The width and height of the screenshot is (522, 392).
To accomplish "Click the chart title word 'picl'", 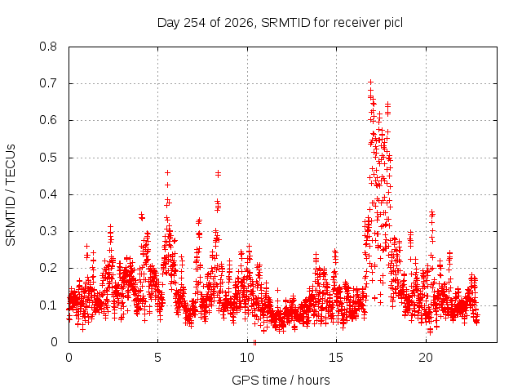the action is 393,23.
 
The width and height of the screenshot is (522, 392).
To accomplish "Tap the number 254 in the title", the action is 194,23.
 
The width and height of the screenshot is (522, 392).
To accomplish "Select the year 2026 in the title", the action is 239,23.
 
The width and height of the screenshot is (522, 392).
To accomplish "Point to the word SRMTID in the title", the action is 285,23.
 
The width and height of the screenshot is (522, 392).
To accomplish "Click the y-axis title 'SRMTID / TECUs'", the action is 11,195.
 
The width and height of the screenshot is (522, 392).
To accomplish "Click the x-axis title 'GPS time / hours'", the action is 281,380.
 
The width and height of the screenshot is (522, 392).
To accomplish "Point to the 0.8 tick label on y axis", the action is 48,47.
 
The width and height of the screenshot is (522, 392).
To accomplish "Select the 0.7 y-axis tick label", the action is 48,83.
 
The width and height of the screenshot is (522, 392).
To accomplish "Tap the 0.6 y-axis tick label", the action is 48,120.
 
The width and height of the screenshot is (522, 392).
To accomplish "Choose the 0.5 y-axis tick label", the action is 48,158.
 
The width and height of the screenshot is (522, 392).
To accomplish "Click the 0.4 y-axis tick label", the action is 48,194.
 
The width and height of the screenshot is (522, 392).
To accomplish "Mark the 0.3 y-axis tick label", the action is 48,231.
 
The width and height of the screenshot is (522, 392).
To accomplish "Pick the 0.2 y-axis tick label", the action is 48,268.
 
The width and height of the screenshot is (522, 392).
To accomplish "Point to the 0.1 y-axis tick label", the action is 48,305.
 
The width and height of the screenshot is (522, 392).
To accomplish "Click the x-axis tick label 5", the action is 157,358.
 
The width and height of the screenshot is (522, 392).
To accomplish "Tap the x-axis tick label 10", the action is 247,358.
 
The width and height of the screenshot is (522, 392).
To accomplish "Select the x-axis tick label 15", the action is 336,358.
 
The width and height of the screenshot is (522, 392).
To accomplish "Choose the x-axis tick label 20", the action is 426,358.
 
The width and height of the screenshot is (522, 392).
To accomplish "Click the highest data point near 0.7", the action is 370,82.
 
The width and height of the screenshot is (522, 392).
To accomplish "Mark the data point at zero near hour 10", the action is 254,342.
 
